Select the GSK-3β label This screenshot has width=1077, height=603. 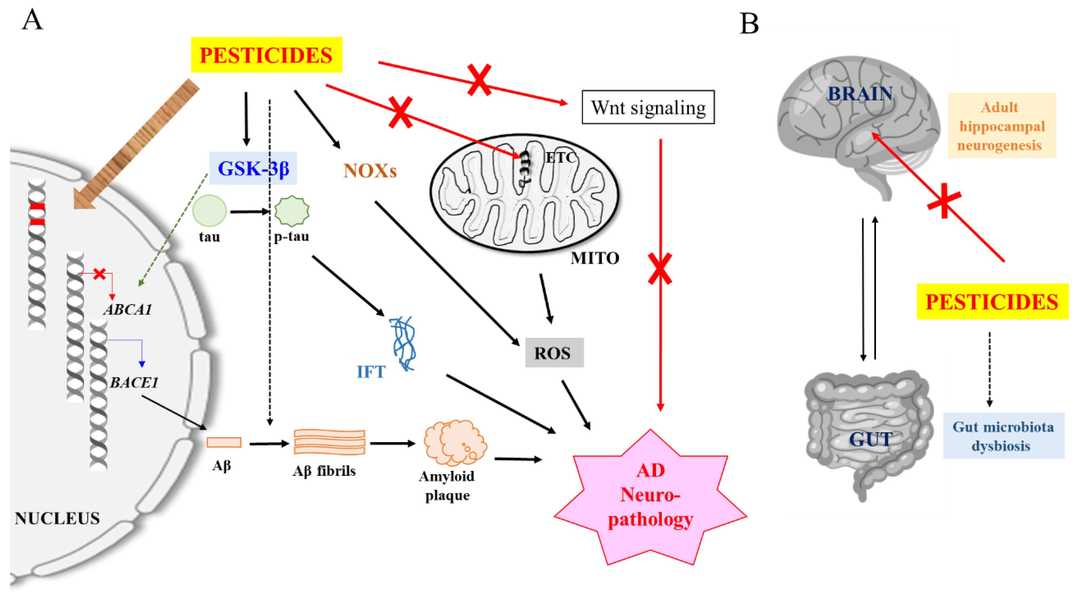click(x=253, y=168)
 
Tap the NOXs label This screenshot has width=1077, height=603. click(x=370, y=171)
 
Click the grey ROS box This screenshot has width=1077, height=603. click(x=554, y=353)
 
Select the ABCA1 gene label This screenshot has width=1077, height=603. click(x=128, y=309)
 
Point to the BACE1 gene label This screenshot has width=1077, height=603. click(x=134, y=382)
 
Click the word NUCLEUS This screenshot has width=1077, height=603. click(x=57, y=518)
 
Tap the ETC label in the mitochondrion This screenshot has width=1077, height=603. click(x=560, y=158)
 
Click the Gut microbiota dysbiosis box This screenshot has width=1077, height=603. click(x=1003, y=436)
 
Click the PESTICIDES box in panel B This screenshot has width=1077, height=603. click(x=992, y=301)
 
